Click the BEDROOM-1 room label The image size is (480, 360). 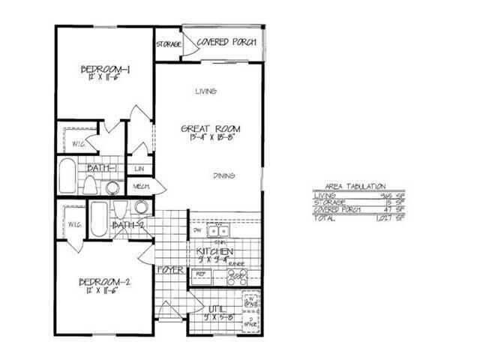(106, 70)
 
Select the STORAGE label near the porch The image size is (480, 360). (169, 45)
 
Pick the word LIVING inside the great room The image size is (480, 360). (205, 91)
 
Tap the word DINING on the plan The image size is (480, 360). (224, 176)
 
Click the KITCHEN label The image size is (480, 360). (214, 251)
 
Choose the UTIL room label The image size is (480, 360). (217, 308)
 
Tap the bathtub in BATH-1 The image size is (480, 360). (66, 177)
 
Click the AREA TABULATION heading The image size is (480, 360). (355, 185)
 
